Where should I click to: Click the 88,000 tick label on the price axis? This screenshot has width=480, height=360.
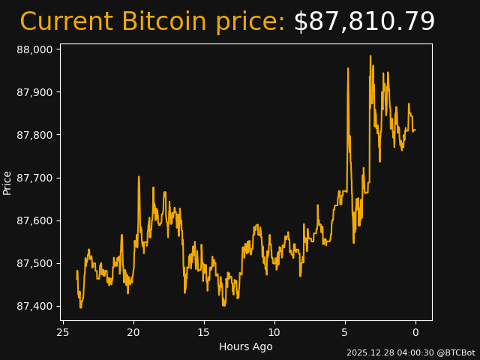coord(35,49)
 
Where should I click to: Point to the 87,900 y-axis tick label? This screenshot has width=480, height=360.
coord(35,92)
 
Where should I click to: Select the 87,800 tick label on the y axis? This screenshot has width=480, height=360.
coord(35,135)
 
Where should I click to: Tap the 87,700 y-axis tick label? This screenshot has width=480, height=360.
coord(35,178)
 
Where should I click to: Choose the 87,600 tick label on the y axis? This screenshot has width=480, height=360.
coord(35,220)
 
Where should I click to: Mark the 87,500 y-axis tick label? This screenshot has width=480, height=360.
coord(35,263)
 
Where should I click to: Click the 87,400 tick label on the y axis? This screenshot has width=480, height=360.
coord(35,306)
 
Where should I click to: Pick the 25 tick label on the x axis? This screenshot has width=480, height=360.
coord(63,332)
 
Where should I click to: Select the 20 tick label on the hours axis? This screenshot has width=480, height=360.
coord(133,332)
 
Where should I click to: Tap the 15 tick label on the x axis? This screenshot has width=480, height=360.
coord(204,332)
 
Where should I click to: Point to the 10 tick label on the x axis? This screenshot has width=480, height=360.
coord(274,332)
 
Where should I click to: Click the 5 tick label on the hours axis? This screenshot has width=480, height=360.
coord(345,332)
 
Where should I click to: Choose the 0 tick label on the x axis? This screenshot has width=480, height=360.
coord(415,332)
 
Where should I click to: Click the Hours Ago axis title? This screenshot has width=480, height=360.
coord(246,346)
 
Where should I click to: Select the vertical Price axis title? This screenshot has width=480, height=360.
coord(7,182)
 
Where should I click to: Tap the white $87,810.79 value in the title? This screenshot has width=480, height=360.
coord(364,22)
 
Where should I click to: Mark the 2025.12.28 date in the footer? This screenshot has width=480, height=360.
coord(368,352)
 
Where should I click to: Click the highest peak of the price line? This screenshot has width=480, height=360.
coord(370,55)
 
